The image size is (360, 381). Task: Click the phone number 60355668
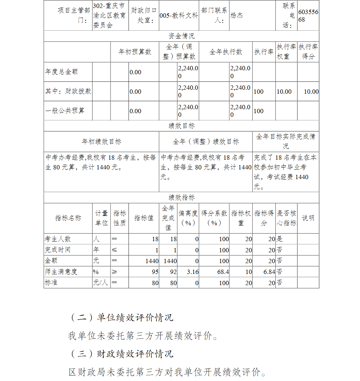point(308,16)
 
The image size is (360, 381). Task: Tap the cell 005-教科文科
point(179,16)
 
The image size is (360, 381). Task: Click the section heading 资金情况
point(181,36)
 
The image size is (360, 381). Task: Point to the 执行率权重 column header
point(287,52)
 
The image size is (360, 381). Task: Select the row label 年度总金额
point(61,72)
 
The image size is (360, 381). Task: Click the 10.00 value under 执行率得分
point(311,92)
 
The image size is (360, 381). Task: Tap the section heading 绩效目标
point(181,126)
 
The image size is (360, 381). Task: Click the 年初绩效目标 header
point(102,142)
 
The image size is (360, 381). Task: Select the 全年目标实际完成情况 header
point(286,141)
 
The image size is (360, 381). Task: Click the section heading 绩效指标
point(181,198)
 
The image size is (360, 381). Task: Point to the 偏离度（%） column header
point(188,218)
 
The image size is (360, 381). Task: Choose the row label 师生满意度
point(61,272)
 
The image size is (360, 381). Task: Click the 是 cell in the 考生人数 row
point(279,239)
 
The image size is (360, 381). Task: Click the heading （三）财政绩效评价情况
point(121,354)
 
